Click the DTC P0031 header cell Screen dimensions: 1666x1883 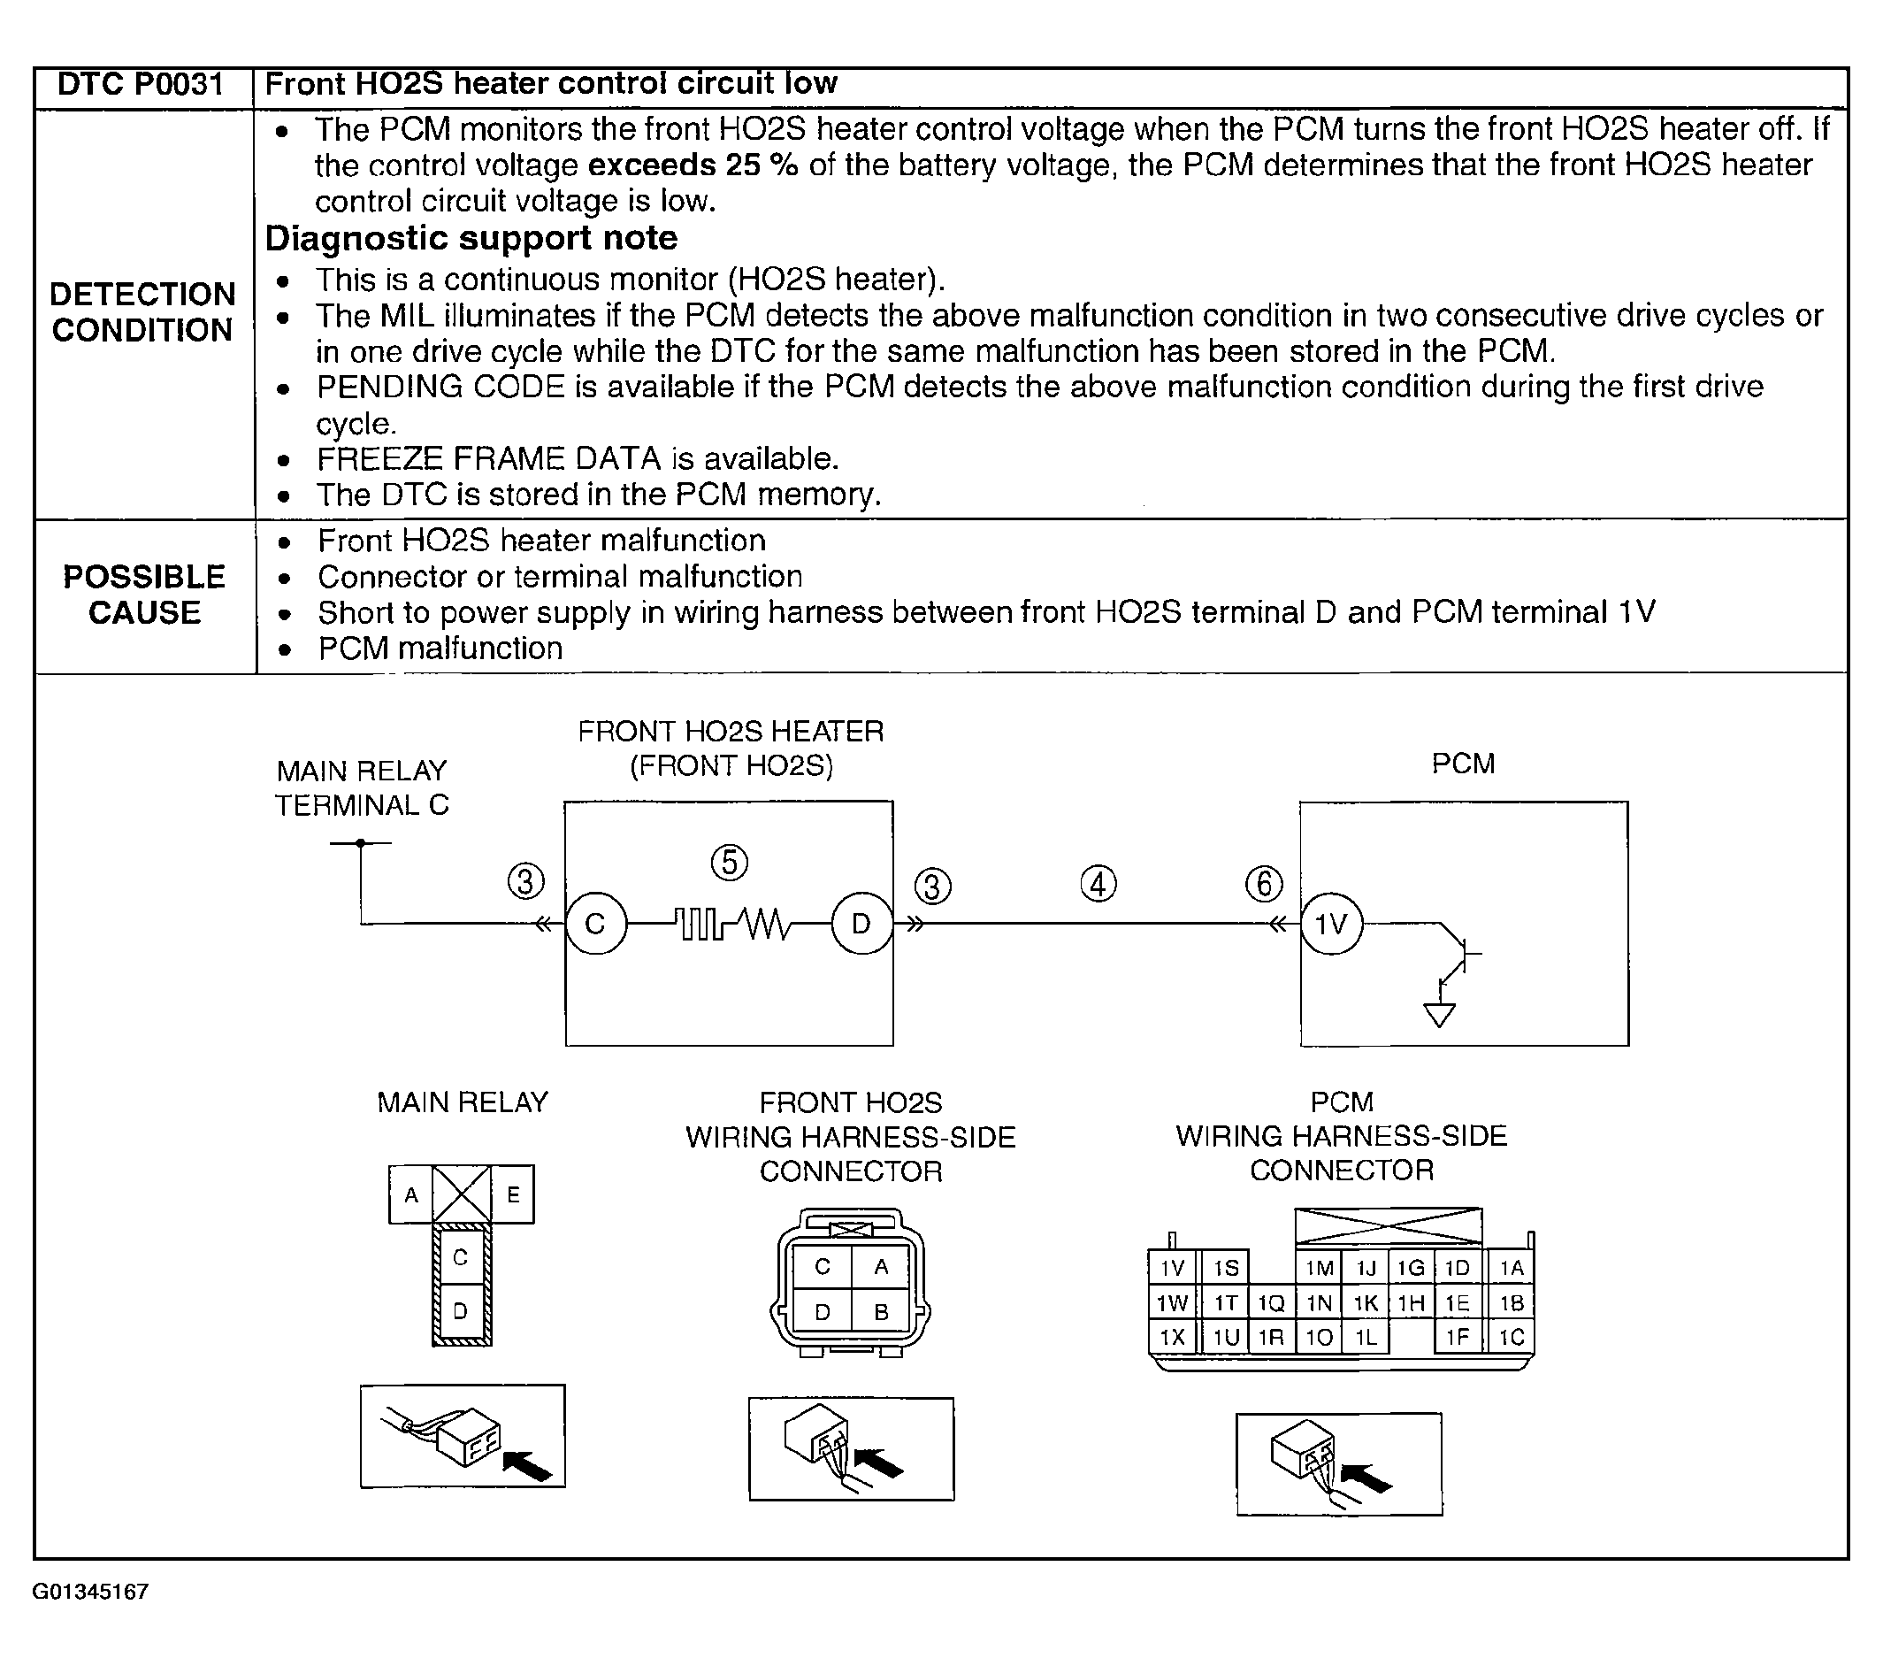click(x=141, y=85)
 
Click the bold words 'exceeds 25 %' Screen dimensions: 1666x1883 click(x=693, y=165)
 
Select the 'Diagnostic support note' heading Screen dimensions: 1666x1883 click(x=471, y=239)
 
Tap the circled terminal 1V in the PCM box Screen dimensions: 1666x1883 click(x=1331, y=924)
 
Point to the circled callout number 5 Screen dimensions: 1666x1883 click(x=730, y=864)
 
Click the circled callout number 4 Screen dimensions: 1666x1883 click(x=1098, y=885)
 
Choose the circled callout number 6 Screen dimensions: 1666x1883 click(x=1264, y=884)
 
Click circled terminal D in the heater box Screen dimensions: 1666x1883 click(x=861, y=924)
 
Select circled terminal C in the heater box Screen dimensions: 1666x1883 click(x=595, y=924)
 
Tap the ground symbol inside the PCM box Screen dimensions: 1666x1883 click(x=1439, y=1015)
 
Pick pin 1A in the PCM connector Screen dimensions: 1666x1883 click(x=1512, y=1269)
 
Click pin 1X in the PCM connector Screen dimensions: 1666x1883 click(x=1172, y=1337)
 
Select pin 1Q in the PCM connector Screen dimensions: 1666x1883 click(x=1271, y=1303)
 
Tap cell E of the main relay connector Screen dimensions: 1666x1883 click(x=513, y=1195)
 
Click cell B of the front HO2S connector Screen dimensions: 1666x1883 click(x=881, y=1312)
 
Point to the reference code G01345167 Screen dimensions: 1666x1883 click(x=90, y=1593)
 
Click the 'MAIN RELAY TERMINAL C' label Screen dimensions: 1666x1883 click(x=362, y=787)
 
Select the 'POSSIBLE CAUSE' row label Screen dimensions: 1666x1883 click(x=145, y=595)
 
